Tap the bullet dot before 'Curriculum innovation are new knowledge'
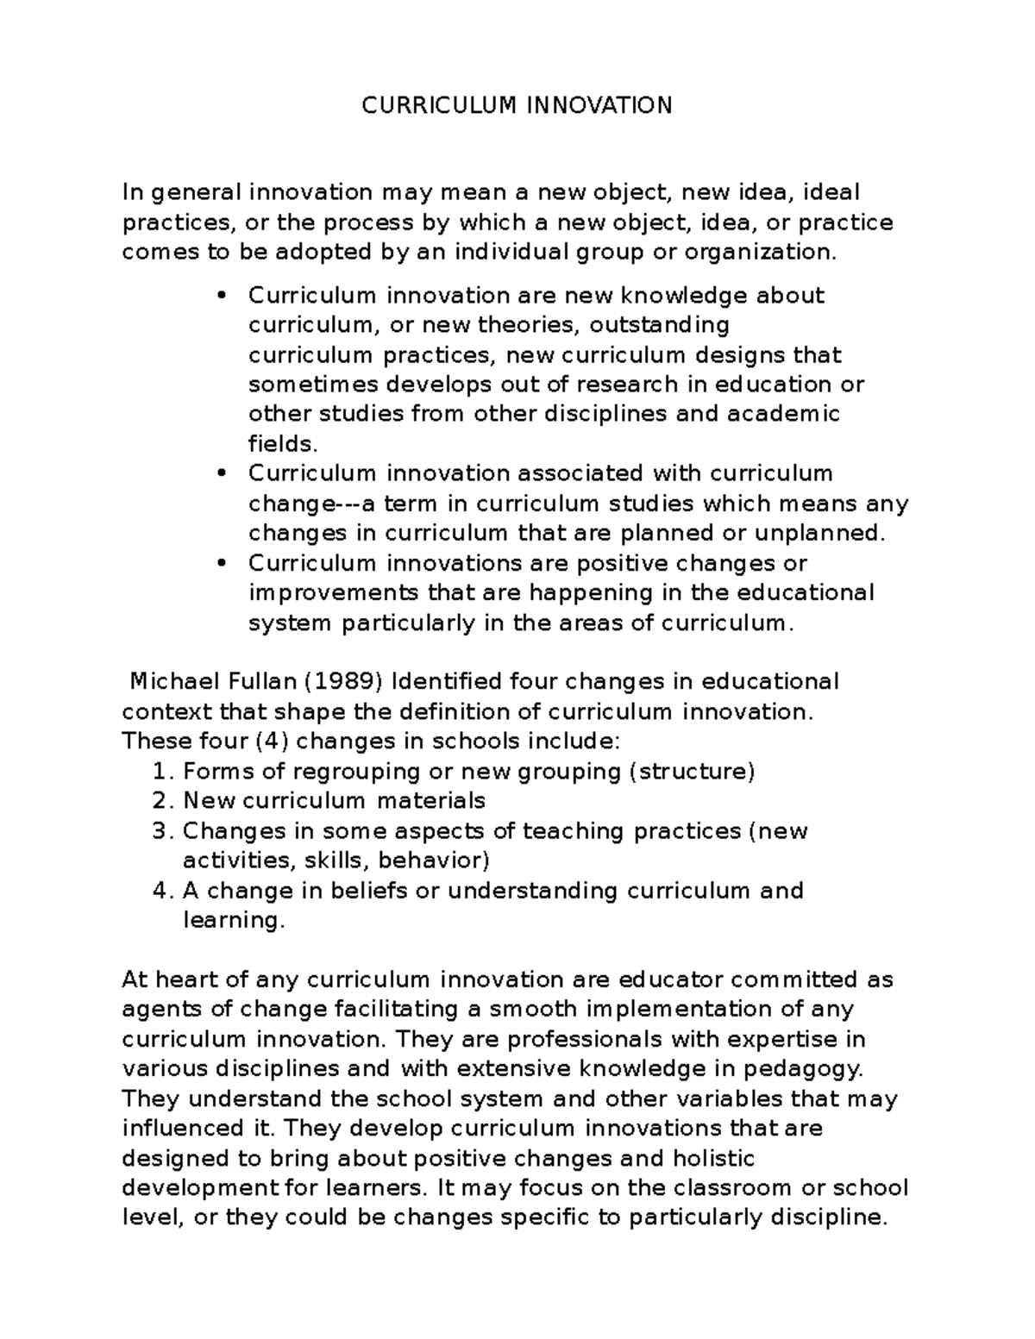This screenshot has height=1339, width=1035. tap(222, 296)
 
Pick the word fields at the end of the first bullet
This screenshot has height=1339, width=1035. tap(283, 444)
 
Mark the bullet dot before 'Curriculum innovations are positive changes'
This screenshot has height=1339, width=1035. tap(222, 563)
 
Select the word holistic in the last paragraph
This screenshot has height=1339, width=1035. tap(713, 1158)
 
